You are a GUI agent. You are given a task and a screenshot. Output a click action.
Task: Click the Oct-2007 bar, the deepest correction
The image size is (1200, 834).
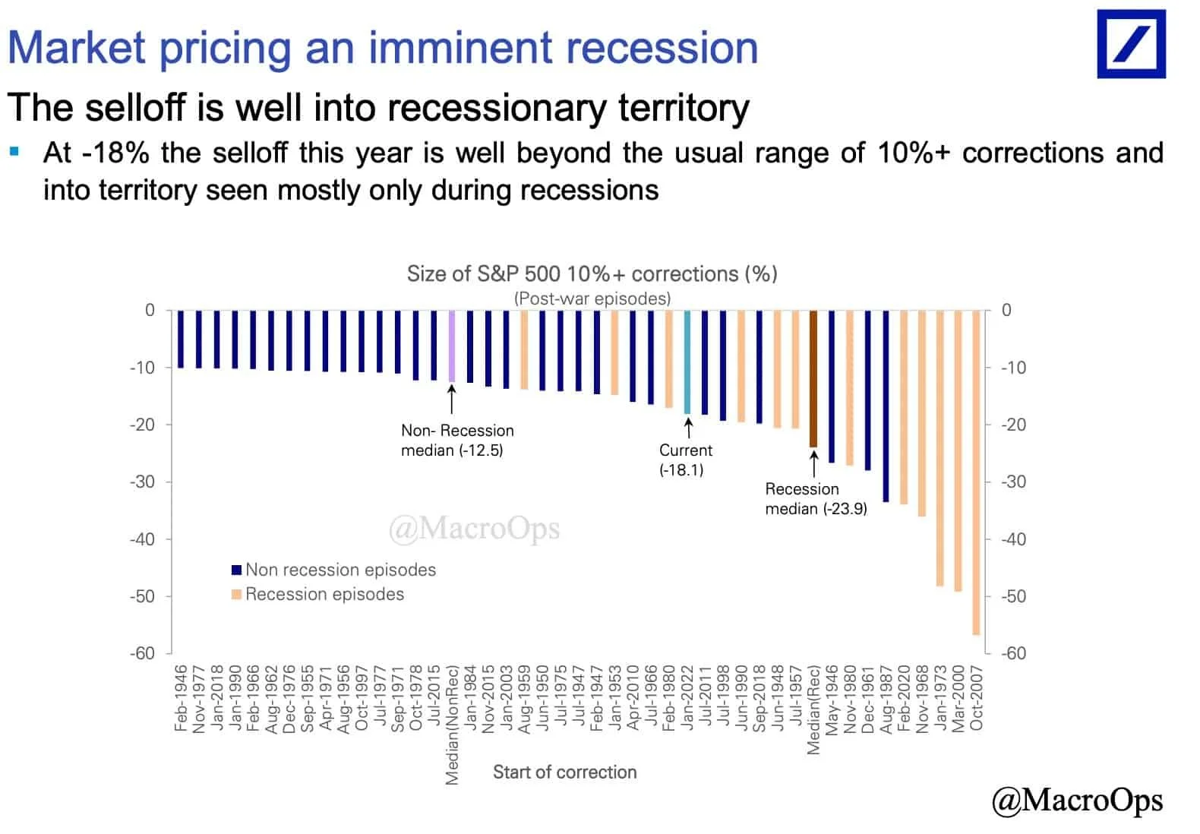tap(976, 471)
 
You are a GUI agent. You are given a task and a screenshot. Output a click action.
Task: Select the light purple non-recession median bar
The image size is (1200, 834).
tap(452, 346)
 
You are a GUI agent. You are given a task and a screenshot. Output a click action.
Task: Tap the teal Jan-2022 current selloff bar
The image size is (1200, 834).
tap(687, 362)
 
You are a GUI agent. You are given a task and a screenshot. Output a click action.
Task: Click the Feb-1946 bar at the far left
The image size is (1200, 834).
tap(181, 339)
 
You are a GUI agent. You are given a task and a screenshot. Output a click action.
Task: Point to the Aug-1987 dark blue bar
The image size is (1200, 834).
tap(886, 406)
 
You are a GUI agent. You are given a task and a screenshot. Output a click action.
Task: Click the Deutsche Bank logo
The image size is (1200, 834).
tap(1131, 44)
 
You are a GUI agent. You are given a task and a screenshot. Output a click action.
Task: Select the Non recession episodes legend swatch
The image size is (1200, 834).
tap(236, 570)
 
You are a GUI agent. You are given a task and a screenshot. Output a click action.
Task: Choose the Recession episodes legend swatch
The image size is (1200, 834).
tap(236, 594)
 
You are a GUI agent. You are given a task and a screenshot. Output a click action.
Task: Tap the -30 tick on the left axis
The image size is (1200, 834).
tap(142, 482)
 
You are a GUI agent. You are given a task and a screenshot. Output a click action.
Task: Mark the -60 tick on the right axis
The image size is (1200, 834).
tap(1014, 653)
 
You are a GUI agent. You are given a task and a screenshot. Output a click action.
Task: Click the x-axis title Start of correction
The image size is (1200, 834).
tap(564, 772)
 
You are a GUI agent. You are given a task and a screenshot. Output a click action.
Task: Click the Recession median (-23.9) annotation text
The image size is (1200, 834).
tap(816, 499)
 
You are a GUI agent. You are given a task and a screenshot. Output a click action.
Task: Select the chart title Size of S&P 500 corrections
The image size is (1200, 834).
tap(592, 273)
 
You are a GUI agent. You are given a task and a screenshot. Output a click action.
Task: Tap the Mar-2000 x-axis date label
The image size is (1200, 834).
tap(958, 699)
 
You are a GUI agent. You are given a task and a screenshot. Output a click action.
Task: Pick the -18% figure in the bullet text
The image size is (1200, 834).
tap(115, 153)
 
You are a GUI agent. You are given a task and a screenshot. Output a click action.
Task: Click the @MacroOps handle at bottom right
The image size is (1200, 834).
tap(1076, 800)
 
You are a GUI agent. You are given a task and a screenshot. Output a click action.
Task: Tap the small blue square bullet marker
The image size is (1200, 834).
tap(14, 151)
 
